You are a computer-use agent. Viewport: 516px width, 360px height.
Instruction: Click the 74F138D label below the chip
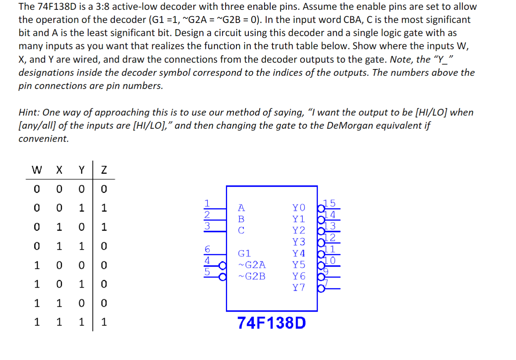tap(271, 323)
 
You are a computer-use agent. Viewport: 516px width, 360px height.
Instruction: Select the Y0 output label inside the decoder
tap(299, 208)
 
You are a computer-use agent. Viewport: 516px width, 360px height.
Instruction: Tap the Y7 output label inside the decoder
tap(299, 288)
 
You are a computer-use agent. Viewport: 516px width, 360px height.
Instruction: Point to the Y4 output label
tap(299, 253)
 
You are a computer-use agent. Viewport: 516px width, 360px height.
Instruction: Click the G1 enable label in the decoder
tap(244, 253)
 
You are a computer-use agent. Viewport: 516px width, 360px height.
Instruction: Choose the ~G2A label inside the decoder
tap(252, 265)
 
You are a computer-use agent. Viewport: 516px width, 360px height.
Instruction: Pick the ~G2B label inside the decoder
tap(252, 276)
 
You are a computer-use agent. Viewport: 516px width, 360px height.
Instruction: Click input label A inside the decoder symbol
tap(241, 208)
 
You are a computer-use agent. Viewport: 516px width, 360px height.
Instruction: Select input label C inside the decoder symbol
tap(241, 230)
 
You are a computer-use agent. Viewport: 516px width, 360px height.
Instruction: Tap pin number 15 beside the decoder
tap(330, 203)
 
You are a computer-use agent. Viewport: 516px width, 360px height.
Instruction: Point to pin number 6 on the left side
tap(207, 249)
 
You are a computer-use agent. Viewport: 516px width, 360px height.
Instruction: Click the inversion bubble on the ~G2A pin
tap(223, 266)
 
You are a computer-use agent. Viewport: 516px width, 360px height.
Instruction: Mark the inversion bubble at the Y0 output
tap(321, 208)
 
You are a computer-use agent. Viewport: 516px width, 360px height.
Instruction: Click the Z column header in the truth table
tap(104, 170)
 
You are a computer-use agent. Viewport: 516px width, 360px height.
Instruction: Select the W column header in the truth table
tap(37, 170)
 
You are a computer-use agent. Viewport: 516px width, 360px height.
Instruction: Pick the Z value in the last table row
tap(104, 322)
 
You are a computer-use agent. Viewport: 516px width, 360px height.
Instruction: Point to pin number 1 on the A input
tap(207, 203)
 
